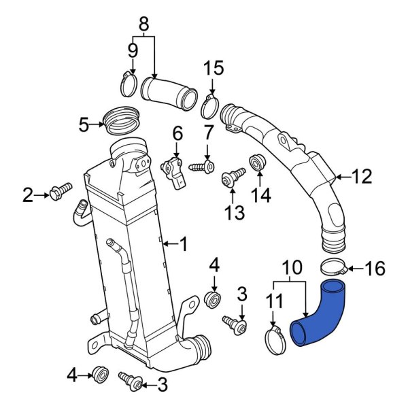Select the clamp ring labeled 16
334,267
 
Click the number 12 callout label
362,177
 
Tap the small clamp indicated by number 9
128,85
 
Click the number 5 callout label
84,124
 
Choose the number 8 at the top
143,24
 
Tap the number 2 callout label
27,197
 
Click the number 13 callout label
234,213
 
